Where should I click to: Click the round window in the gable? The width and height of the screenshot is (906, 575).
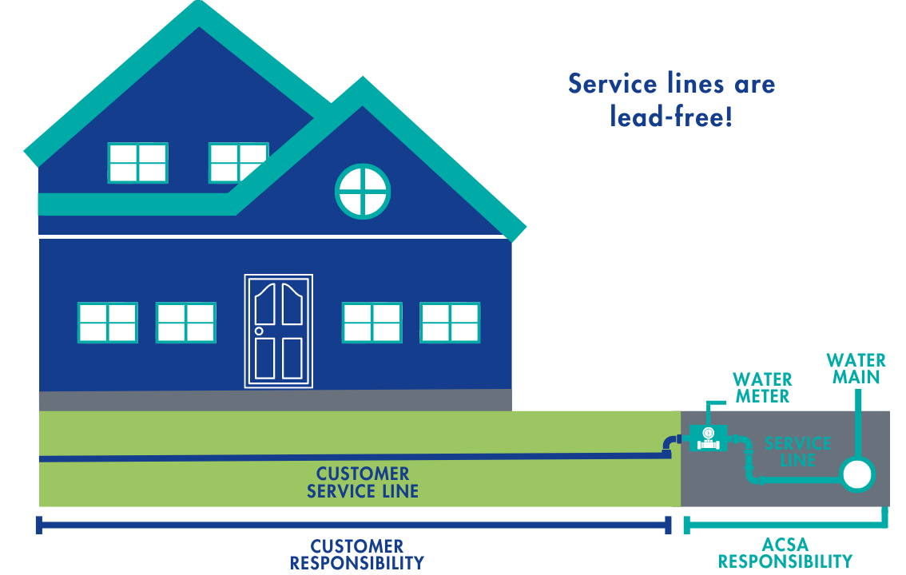pyautogui.click(x=362, y=191)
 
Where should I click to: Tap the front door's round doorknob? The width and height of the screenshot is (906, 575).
pyautogui.click(x=259, y=331)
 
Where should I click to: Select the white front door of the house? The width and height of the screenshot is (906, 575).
pyautogui.click(x=278, y=331)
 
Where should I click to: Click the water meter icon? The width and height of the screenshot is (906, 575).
pyautogui.click(x=706, y=436)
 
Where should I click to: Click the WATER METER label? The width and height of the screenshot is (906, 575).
pyautogui.click(x=762, y=387)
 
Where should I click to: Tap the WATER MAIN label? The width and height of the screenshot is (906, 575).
pyautogui.click(x=856, y=369)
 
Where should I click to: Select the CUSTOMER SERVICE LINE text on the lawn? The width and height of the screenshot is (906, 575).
pyautogui.click(x=362, y=483)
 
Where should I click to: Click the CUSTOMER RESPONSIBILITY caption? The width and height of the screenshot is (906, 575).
pyautogui.click(x=356, y=555)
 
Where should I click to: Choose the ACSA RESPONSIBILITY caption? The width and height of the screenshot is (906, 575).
pyautogui.click(x=785, y=553)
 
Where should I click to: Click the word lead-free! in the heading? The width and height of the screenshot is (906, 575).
pyautogui.click(x=670, y=117)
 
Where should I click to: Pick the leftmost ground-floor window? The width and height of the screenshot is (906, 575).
pyautogui.click(x=107, y=323)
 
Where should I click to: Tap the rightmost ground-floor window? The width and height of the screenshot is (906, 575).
pyautogui.click(x=451, y=323)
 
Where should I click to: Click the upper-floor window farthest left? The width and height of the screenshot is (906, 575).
pyautogui.click(x=137, y=163)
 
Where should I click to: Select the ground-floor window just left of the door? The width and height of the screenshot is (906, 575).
pyautogui.click(x=185, y=323)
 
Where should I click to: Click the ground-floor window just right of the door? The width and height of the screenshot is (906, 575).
pyautogui.click(x=372, y=323)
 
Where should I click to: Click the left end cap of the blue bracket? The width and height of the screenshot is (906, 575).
pyautogui.click(x=38, y=525)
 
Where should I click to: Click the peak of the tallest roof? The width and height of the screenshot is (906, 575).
pyautogui.click(x=197, y=10)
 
